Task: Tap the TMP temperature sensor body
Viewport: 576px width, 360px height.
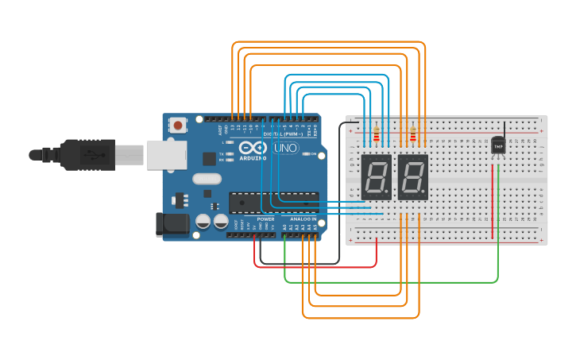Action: point(498,146)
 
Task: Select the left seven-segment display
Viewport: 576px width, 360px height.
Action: point(376,176)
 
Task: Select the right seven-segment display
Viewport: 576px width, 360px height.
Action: point(413,176)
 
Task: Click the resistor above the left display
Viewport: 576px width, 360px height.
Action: point(376,136)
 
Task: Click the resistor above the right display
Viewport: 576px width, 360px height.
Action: point(413,136)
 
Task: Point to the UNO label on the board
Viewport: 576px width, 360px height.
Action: point(285,148)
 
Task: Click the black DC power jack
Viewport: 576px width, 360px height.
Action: point(172,225)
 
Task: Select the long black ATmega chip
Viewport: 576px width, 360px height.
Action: point(273,203)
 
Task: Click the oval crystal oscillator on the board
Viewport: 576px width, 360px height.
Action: point(206,180)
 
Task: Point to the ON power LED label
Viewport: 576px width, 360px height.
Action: point(314,153)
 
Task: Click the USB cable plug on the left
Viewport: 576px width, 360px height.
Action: point(87,154)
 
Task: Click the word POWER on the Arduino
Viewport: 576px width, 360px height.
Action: point(265,219)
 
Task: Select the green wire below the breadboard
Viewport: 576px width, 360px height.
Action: point(389,281)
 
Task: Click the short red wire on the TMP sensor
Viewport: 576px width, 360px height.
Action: point(493,199)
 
